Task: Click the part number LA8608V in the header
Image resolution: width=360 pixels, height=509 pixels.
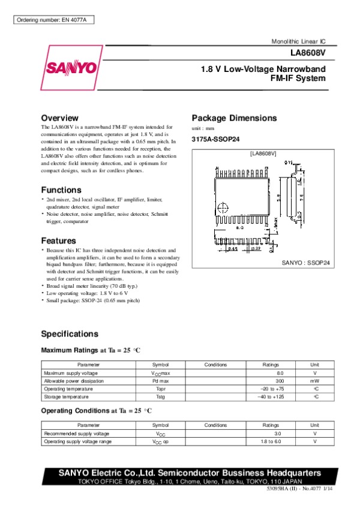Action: click(312, 53)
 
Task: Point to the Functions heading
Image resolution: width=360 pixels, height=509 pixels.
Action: click(61, 190)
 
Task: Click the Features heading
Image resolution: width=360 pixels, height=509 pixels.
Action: click(58, 240)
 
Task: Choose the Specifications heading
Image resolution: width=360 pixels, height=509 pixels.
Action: click(70, 334)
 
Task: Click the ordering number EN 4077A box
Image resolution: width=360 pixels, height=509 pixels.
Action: click(53, 20)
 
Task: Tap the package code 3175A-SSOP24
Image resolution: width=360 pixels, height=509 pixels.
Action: click(215, 140)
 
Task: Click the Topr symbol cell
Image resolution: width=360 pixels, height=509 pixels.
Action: click(160, 388)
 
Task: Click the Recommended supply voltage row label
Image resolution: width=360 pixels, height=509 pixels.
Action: click(76, 433)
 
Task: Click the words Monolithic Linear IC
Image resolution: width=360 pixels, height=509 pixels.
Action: click(298, 41)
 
